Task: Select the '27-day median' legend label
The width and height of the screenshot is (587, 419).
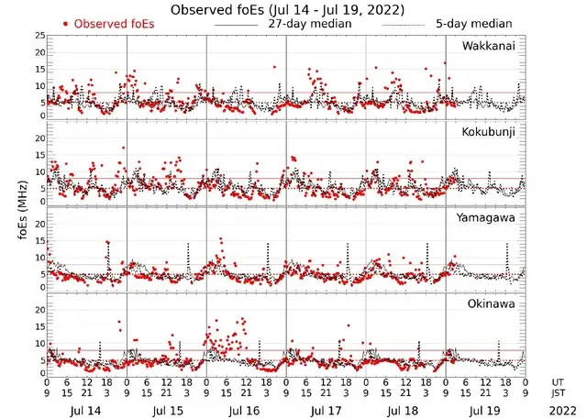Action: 310,23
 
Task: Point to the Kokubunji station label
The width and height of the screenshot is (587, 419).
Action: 489,132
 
